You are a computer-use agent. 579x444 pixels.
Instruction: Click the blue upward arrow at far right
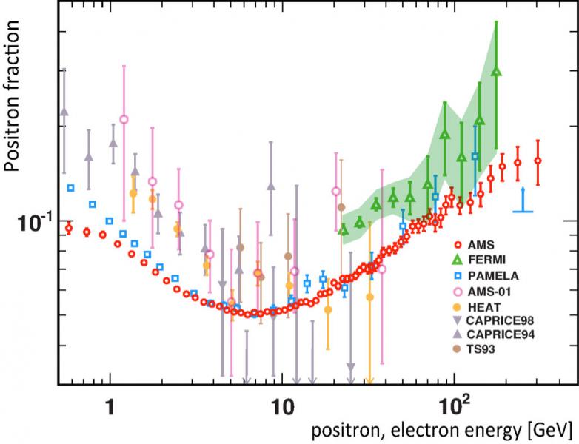point(523,200)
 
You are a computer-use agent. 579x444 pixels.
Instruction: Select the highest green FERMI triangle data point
point(496,72)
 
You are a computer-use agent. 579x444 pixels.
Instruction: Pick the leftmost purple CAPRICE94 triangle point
point(64,111)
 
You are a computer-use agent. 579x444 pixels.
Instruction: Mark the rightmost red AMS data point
point(538,161)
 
